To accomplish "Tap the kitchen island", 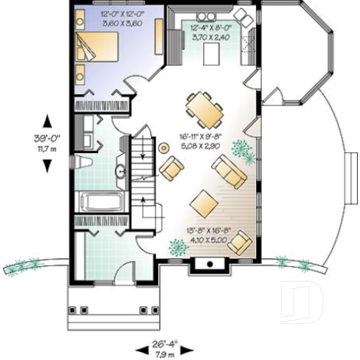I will coord(212,53).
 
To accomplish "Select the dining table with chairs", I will coord(203,109).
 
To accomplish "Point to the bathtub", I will coord(100,201).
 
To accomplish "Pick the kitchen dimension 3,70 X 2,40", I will coord(202,34).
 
